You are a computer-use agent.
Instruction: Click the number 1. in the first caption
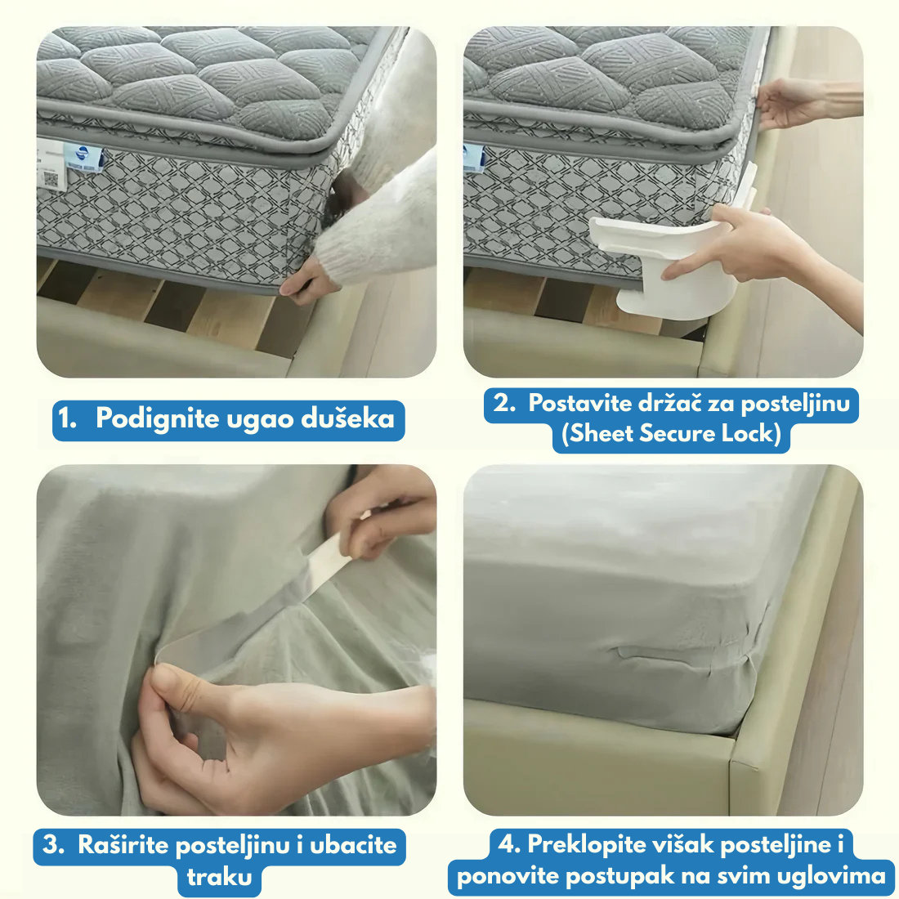click(68, 418)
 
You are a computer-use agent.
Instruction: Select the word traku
click(219, 877)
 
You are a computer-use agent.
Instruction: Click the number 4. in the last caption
click(508, 844)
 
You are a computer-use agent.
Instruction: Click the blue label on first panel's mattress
click(83, 157)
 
